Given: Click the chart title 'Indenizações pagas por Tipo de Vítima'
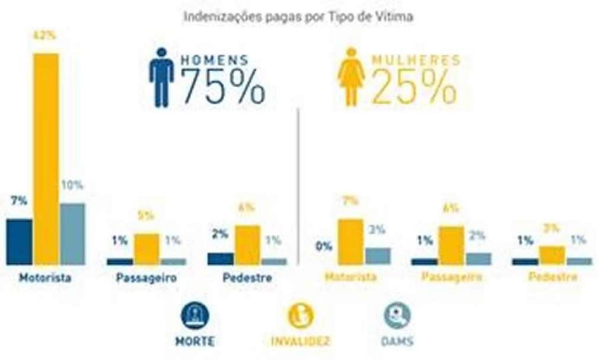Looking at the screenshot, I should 298,17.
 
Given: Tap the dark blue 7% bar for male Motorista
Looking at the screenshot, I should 19,241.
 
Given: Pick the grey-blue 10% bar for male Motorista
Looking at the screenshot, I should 72,234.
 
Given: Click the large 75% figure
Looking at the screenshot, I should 222,87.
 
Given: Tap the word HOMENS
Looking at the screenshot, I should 214,60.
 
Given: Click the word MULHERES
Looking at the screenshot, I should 416,60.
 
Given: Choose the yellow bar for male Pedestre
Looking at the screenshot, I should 247,245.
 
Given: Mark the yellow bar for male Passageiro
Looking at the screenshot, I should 146,249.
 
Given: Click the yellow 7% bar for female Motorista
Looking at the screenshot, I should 351,241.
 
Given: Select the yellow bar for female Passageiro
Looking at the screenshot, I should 451,246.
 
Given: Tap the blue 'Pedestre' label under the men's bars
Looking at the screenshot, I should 247,278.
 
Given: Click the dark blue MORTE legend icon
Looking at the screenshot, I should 195,316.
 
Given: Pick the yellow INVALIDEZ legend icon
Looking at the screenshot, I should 301,316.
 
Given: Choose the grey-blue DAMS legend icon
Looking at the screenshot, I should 397,316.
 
